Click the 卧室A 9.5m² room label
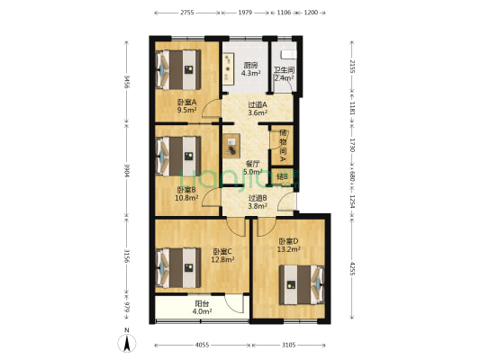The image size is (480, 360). click(x=186, y=107)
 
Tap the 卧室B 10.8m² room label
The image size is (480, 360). click(x=186, y=194)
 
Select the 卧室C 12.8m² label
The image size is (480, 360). click(x=222, y=256)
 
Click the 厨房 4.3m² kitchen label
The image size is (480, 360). click(x=251, y=69)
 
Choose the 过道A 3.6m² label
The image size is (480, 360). click(x=258, y=108)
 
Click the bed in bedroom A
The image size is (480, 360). click(x=178, y=67)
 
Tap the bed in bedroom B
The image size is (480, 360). click(x=178, y=154)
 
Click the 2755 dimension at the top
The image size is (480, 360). click(x=186, y=13)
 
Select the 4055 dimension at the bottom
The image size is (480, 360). click(x=202, y=346)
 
